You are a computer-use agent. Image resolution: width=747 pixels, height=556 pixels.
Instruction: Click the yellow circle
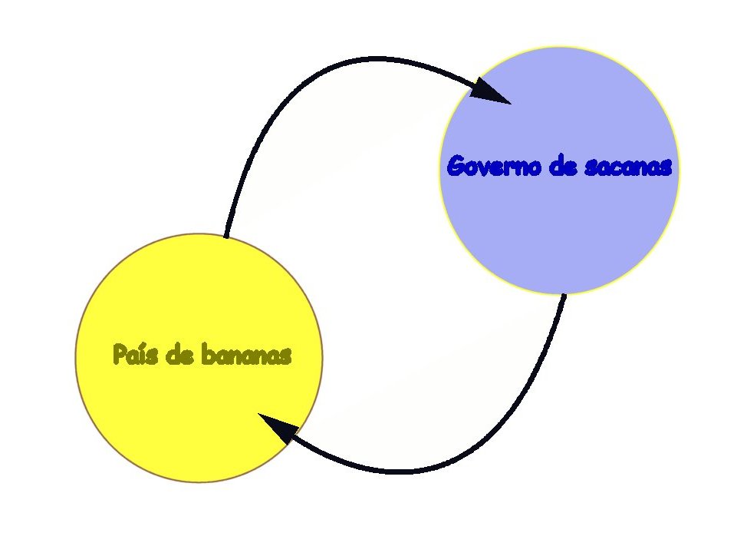[199, 415]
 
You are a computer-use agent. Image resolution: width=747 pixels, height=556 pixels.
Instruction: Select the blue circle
[560, 230]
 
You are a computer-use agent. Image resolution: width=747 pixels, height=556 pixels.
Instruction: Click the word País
[133, 355]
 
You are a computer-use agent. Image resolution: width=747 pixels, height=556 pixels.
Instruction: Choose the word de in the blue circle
[564, 167]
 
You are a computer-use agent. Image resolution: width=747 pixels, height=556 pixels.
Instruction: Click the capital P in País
[119, 355]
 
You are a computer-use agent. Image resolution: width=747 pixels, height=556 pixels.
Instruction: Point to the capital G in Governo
[456, 167]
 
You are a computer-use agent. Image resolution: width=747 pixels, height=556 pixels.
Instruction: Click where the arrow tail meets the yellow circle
[225, 237]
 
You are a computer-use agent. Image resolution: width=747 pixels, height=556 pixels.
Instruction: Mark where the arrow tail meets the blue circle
[564, 294]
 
